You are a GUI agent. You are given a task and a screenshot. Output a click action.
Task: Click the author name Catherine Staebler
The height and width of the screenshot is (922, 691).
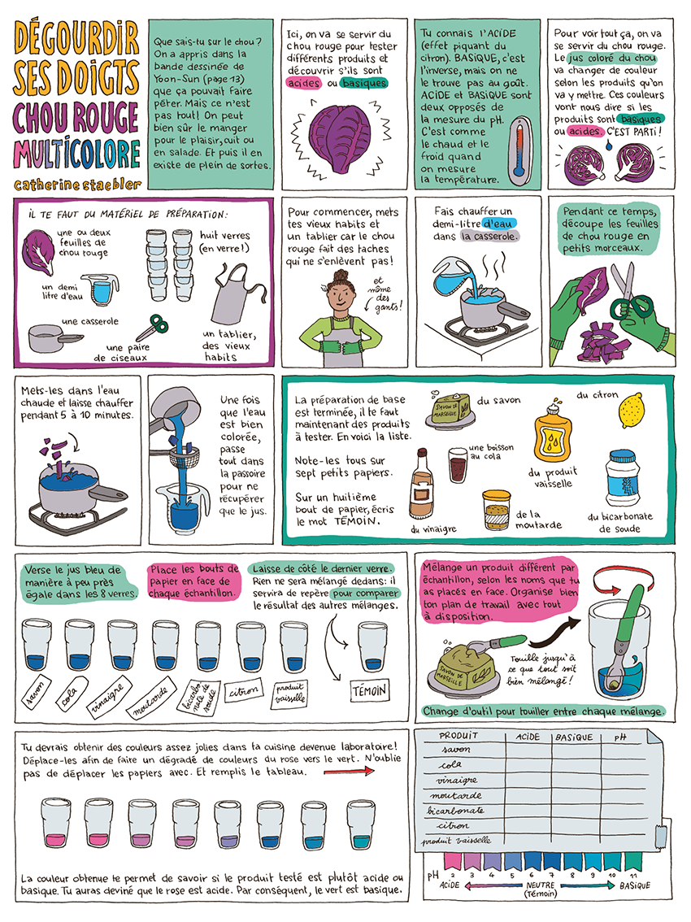77,184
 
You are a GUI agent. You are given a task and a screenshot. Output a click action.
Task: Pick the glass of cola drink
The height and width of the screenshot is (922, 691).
458,464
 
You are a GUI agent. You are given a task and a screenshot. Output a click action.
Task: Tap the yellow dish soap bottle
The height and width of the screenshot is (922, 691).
553,434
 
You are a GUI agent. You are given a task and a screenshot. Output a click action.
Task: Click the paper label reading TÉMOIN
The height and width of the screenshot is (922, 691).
370,689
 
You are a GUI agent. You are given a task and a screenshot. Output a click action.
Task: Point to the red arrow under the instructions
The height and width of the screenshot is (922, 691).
349,771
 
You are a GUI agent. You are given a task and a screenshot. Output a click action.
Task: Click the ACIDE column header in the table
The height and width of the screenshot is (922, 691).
528,737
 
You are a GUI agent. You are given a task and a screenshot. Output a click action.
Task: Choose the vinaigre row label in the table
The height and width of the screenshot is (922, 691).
456,780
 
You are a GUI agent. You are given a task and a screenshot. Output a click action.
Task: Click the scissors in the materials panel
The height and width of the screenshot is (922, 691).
151,328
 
